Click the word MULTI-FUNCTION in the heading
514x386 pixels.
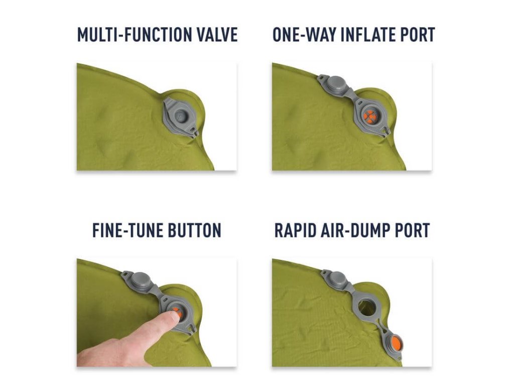[132, 35]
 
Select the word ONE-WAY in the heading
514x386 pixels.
[304, 35]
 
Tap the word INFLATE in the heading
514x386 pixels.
[368, 35]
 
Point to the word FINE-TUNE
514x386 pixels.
[127, 230]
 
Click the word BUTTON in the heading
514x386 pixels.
[195, 230]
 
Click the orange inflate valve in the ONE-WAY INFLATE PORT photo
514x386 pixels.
[370, 117]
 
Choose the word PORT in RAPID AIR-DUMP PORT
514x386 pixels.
[412, 230]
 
